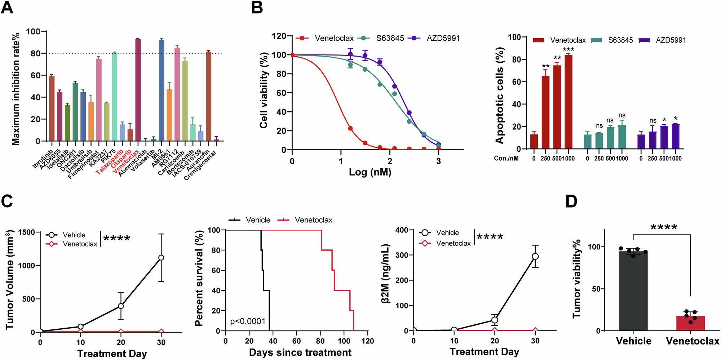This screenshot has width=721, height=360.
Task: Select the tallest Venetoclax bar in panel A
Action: click(138, 90)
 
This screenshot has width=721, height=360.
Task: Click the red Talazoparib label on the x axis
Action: click(109, 162)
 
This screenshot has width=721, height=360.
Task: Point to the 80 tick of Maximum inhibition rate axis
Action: click(35, 54)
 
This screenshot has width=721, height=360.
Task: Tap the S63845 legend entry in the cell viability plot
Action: click(390, 38)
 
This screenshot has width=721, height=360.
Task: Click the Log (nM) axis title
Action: click(370, 172)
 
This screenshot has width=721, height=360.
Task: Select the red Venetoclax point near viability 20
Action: click(350, 128)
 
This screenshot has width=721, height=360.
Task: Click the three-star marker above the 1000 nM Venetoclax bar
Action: click(569, 50)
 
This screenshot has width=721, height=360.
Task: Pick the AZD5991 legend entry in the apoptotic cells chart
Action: click(671, 40)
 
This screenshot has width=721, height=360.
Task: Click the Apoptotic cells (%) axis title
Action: click(500, 95)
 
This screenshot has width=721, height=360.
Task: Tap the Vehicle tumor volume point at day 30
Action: click(161, 258)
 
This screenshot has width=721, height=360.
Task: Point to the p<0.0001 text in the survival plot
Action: click(248, 321)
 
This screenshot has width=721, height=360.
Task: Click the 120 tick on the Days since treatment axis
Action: click(368, 341)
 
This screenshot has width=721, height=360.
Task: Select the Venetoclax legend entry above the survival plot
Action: click(313, 220)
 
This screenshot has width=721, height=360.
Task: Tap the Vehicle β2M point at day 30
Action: click(535, 256)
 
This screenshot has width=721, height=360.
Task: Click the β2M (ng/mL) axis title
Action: click(386, 274)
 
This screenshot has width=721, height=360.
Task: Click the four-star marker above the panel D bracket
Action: click(664, 227)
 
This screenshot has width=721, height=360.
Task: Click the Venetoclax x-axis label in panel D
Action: click(692, 341)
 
